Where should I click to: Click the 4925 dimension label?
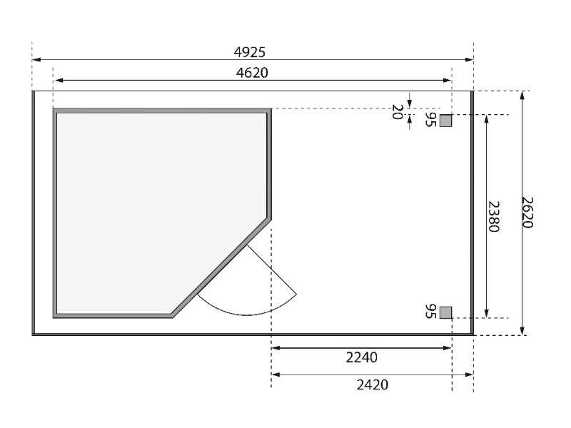point(249,52)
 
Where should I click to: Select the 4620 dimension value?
point(252,73)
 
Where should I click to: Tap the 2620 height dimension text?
point(527,213)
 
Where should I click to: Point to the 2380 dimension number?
point(493,216)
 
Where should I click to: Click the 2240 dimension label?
point(362,358)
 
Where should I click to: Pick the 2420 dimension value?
point(372,384)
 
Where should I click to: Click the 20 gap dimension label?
point(397,112)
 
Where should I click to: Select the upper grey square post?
point(445,121)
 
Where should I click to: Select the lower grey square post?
point(445,312)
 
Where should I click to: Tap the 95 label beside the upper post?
point(430,119)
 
